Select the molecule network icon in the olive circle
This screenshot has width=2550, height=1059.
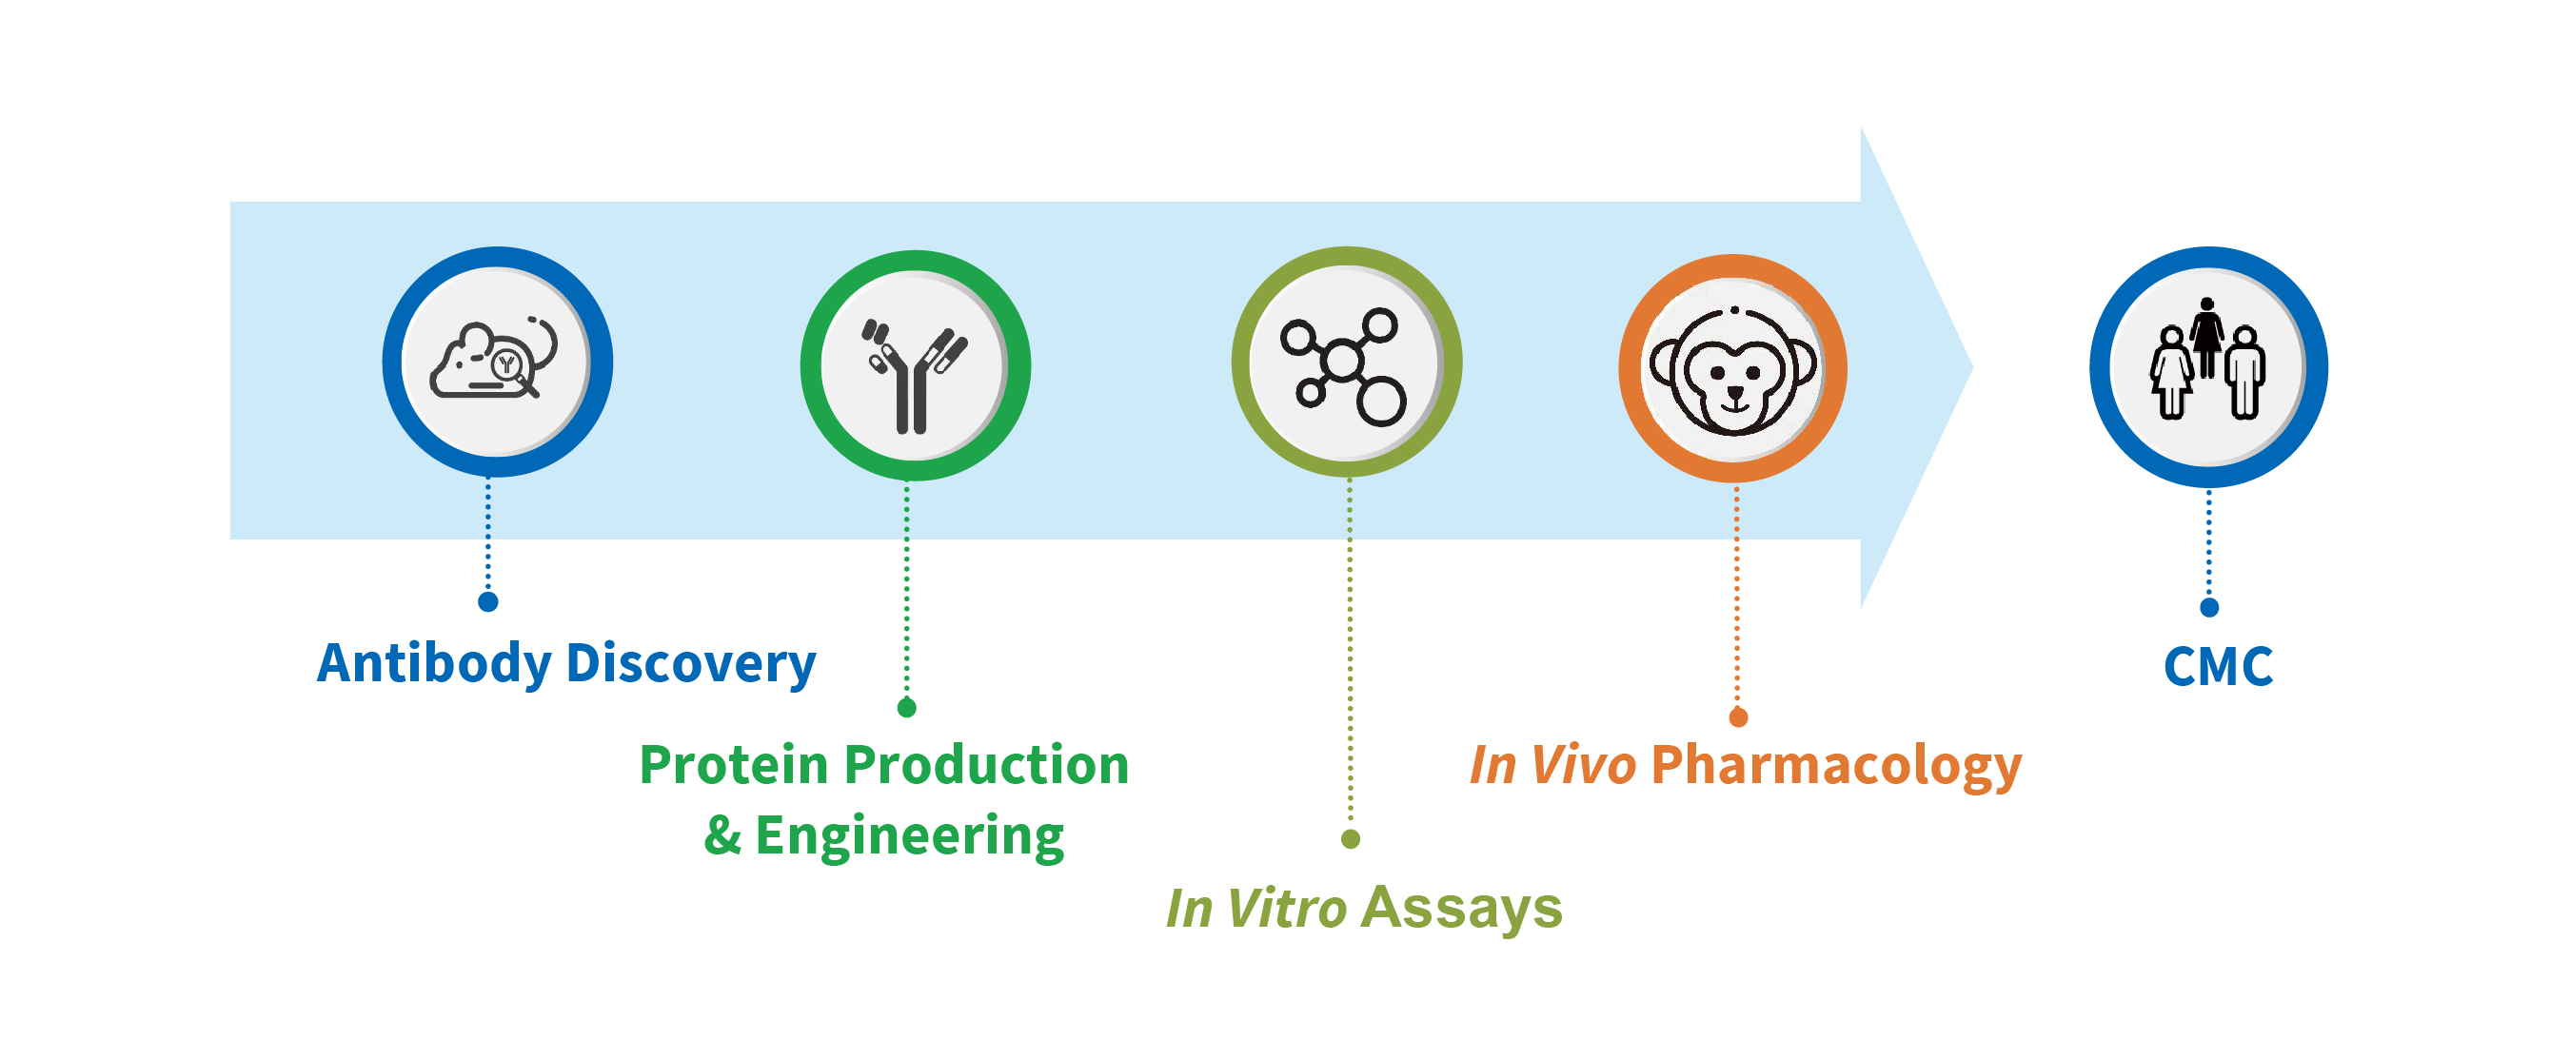pos(1343,365)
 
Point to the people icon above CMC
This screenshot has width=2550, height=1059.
pos(2206,363)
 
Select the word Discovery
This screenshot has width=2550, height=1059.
pos(690,664)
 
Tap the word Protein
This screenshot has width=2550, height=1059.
pos(733,766)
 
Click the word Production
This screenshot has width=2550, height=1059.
pos(986,766)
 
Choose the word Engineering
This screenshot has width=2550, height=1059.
pos(909,837)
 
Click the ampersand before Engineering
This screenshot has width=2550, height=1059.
pos(722,837)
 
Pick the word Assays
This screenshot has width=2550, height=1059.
pos(1460,909)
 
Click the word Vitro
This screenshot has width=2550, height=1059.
pos(1286,909)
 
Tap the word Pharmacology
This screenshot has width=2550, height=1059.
pos(1834,766)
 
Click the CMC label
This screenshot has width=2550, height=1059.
pos(2218,667)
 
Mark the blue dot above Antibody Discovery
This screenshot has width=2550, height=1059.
pos(488,601)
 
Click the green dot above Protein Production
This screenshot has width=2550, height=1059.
pos(907,708)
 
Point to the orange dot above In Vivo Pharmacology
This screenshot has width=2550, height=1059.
pos(1737,717)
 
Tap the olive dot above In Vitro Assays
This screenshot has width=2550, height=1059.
pos(1351,839)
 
